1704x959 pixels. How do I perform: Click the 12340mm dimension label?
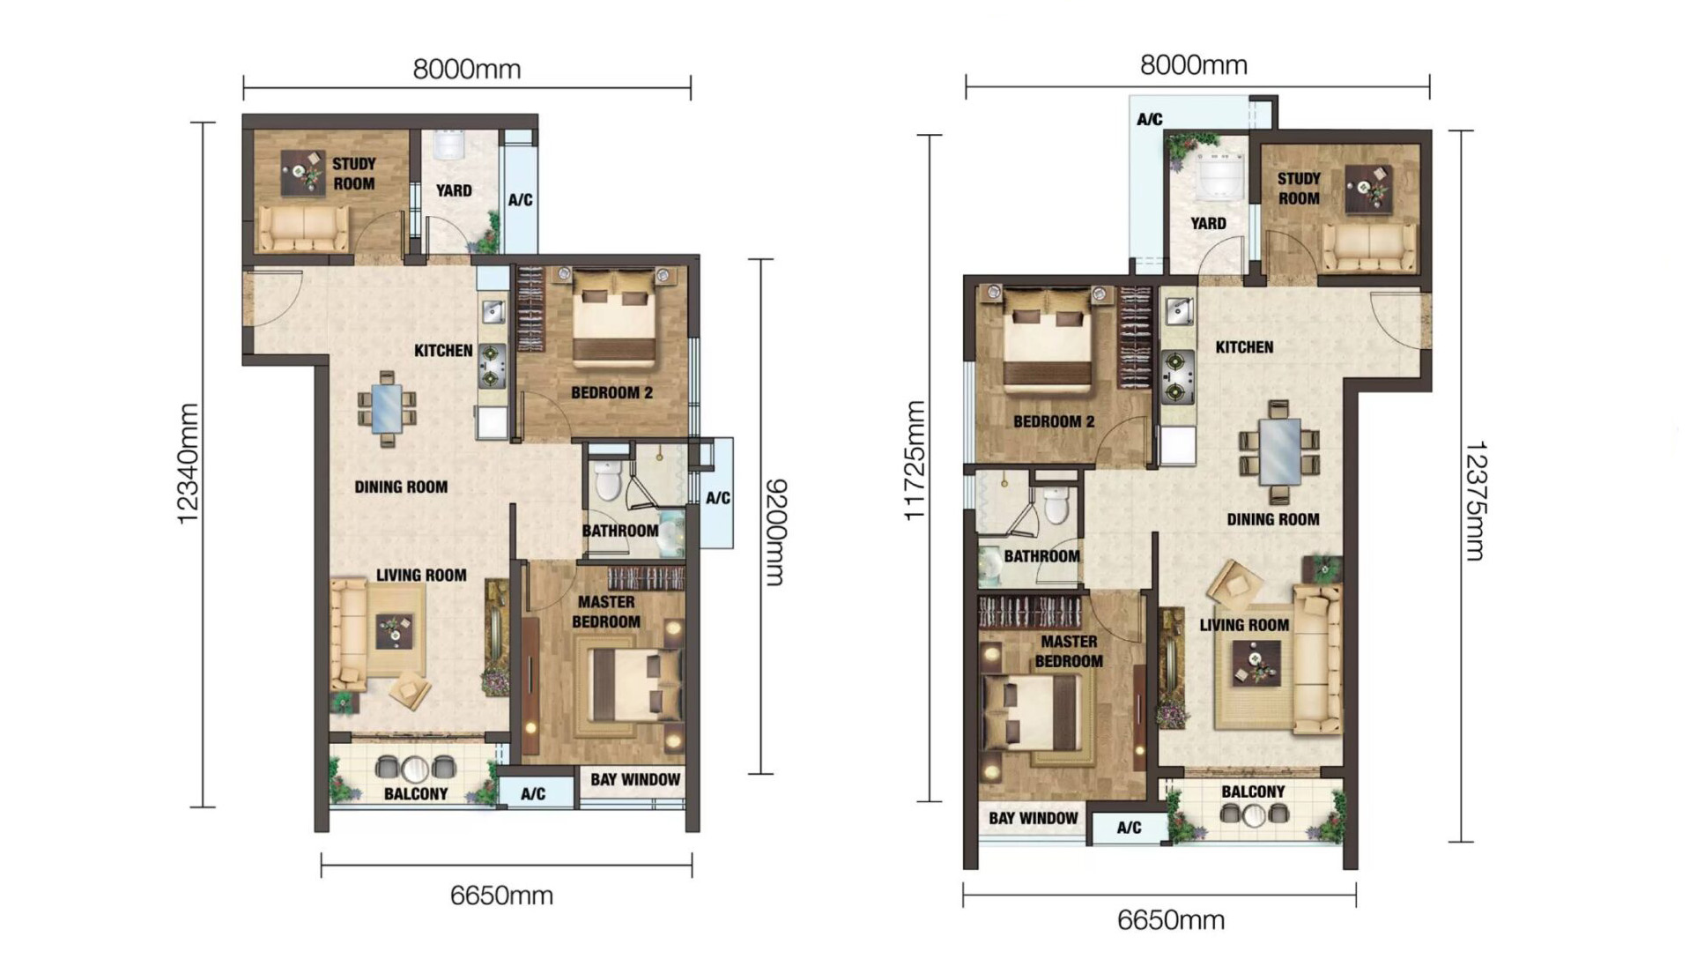[188, 464]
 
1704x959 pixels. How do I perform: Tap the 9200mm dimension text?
[774, 532]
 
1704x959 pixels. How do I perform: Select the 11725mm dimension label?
[915, 460]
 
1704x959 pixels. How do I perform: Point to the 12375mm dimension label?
[1475, 500]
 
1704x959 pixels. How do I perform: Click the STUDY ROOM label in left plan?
[353, 174]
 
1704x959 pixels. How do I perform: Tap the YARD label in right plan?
[1208, 224]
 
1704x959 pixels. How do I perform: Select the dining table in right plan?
[1279, 451]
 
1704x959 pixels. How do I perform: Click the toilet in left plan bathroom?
[608, 479]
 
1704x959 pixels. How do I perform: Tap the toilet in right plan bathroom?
[1056, 505]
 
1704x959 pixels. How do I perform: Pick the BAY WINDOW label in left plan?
[634, 779]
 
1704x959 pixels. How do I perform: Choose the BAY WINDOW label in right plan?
[1033, 818]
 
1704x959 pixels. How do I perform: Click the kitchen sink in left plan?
[493, 311]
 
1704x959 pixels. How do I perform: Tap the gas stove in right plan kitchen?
[1177, 376]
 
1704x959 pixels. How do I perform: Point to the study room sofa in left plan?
[302, 228]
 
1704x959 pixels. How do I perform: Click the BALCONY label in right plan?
[1253, 792]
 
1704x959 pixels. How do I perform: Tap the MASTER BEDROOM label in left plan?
[605, 612]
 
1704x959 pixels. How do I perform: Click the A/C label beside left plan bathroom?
[717, 498]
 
